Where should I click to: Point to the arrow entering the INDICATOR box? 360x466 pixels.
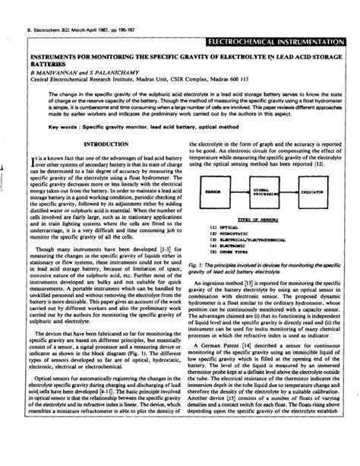tap(297, 192)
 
